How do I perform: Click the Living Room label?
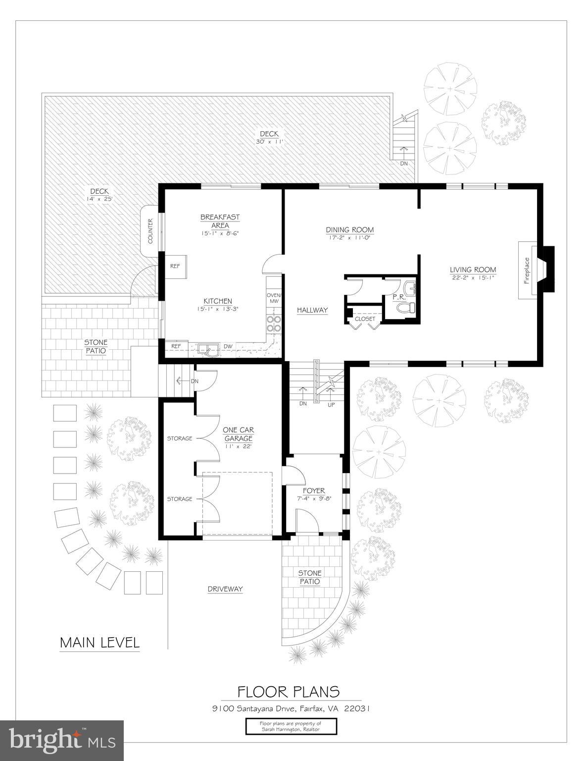pos(473,270)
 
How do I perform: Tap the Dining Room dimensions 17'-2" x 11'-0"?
pos(349,238)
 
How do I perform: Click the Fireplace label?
pos(527,271)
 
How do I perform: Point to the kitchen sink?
pos(208,349)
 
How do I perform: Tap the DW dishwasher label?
pos(228,346)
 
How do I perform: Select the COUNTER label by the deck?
pos(150,231)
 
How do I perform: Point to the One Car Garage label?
pos(238,434)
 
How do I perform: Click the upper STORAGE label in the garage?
pos(179,438)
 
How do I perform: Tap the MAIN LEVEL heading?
pos(99,643)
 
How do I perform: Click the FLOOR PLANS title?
pos(289,691)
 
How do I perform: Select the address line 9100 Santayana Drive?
pos(289,708)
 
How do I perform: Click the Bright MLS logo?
pos(62,740)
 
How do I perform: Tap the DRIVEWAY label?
pos(225,589)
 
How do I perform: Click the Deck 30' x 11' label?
pos(269,137)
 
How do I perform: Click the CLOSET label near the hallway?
pos(365,319)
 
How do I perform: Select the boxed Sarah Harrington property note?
pos(291,726)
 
